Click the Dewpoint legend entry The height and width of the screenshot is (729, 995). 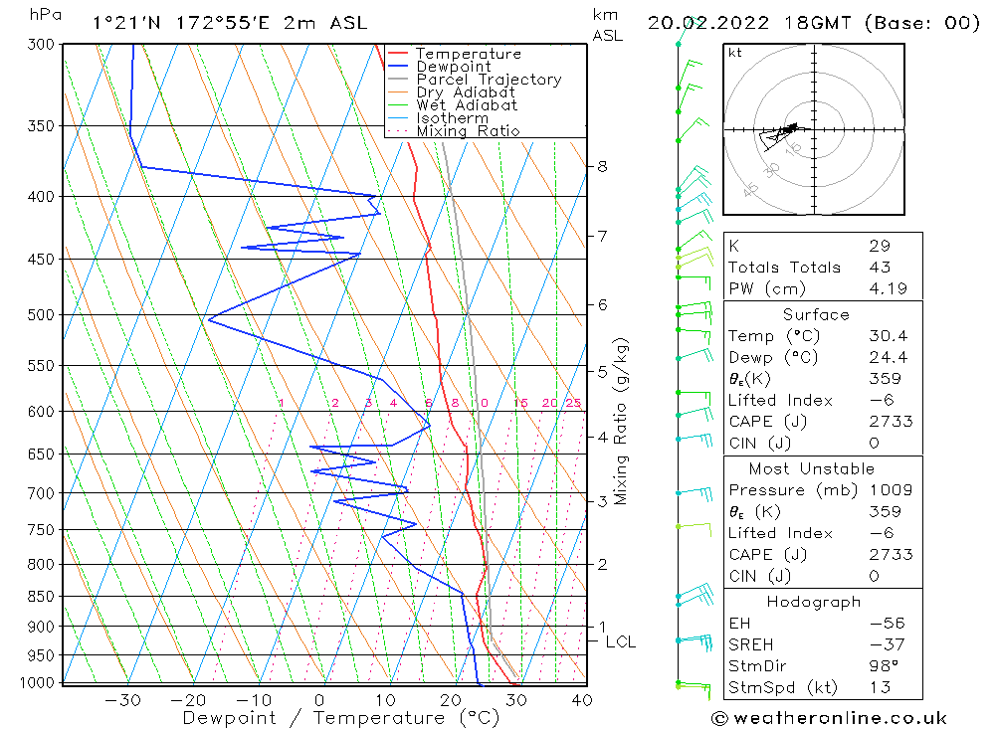point(453,67)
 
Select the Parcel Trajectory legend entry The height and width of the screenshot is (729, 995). point(488,80)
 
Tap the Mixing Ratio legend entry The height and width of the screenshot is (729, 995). point(468,131)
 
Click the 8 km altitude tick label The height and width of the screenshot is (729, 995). point(602,166)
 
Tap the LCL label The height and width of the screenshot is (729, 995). point(620,642)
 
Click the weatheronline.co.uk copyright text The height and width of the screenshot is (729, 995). point(829,718)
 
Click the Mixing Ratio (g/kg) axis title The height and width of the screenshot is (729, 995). point(622,421)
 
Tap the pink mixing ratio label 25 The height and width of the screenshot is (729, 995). point(573,403)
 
